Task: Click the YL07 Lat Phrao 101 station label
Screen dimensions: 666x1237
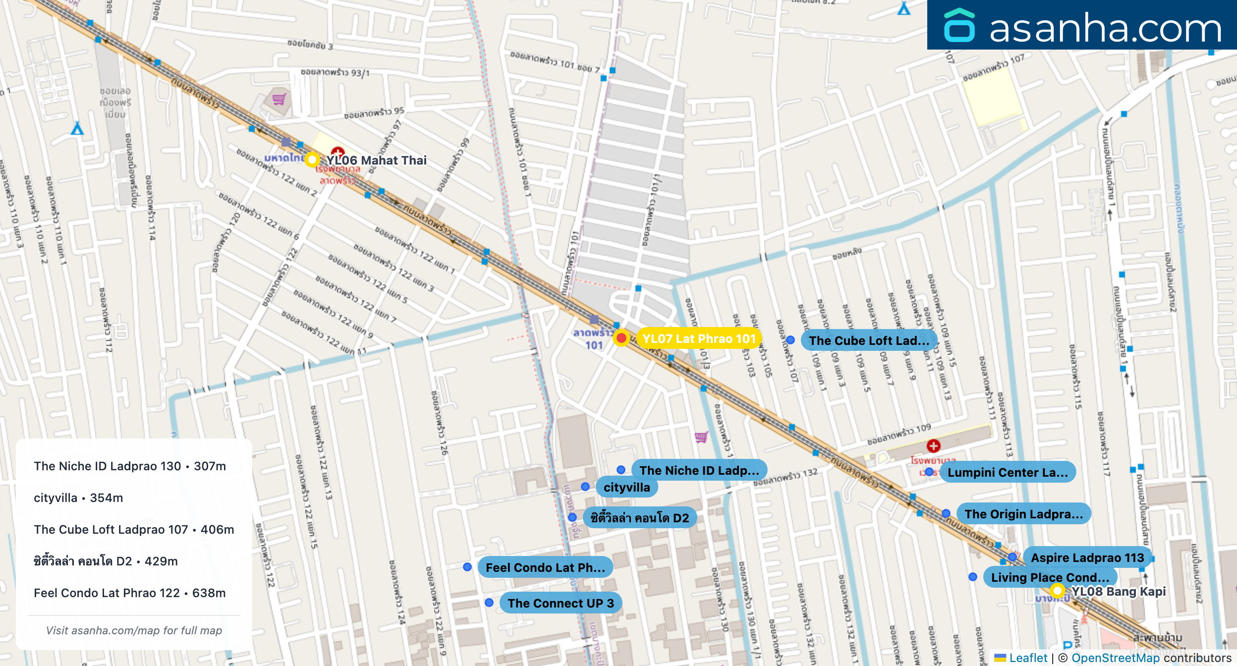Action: (x=699, y=338)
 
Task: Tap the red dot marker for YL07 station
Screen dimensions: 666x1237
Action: (x=621, y=338)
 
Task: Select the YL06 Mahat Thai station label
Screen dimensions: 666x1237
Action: (x=376, y=160)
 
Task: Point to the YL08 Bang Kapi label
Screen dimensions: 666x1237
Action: (x=1119, y=591)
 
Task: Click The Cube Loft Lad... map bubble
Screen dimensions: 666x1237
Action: (x=869, y=340)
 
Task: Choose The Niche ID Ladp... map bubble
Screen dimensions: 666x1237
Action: (x=699, y=470)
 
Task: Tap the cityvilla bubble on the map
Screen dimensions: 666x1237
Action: (x=626, y=487)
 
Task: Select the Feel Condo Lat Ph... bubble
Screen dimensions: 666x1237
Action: (x=545, y=567)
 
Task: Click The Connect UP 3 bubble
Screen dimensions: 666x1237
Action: (x=561, y=603)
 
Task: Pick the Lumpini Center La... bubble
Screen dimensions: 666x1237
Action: (x=1008, y=472)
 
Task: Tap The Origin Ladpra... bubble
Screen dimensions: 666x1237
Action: (x=1023, y=514)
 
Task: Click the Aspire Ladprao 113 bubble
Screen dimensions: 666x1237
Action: (x=1087, y=557)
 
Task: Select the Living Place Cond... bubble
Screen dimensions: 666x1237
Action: (x=1050, y=577)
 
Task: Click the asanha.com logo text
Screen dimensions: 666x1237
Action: (x=1105, y=28)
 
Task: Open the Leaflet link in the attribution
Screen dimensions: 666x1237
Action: (x=1028, y=658)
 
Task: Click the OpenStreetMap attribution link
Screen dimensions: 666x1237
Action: (x=1115, y=658)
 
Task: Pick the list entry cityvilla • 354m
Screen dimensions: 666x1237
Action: (x=78, y=498)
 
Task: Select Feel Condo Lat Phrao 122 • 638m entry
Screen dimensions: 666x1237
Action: (x=130, y=593)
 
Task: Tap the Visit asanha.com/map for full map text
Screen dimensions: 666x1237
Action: (x=134, y=630)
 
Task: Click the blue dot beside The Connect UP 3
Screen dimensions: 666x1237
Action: (x=489, y=603)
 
